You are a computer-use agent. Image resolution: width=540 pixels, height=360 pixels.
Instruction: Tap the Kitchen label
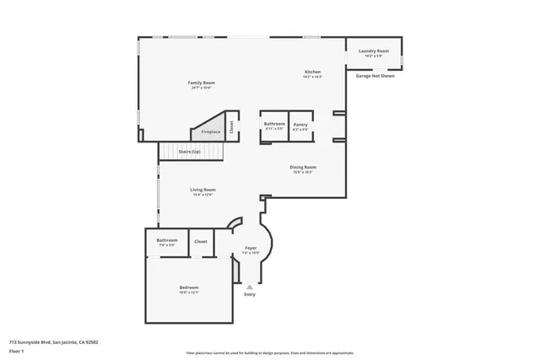312,73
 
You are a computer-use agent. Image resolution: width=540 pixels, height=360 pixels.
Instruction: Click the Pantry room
300,126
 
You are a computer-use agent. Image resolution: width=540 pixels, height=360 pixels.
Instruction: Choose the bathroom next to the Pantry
274,126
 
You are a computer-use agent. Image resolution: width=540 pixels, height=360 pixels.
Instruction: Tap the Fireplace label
210,132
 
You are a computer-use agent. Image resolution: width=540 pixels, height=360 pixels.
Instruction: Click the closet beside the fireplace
231,126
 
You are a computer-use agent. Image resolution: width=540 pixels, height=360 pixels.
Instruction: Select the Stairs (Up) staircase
191,152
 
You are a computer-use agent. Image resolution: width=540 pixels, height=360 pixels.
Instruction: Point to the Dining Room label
303,169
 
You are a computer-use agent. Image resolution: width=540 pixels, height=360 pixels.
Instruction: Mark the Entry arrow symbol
249,287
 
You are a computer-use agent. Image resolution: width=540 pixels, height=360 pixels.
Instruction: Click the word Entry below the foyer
249,294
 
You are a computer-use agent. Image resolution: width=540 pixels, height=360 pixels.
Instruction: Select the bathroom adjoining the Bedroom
166,242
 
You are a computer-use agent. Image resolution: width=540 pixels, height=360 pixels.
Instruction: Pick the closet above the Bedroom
201,242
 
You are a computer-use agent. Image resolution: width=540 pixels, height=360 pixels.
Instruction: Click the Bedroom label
188,290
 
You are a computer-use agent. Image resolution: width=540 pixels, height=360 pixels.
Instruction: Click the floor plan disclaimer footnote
269,352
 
